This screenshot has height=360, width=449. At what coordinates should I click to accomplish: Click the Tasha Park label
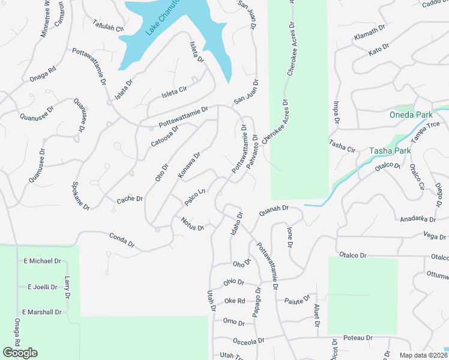point(390,151)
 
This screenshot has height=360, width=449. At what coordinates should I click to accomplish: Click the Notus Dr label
point(193,224)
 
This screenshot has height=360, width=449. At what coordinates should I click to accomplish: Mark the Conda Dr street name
point(122,239)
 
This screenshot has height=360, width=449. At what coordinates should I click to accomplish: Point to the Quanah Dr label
point(274,210)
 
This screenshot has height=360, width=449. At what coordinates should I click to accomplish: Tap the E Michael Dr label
point(42,261)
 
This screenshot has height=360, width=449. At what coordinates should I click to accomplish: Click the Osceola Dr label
point(248,341)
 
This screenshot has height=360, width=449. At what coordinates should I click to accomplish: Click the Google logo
point(20,353)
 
